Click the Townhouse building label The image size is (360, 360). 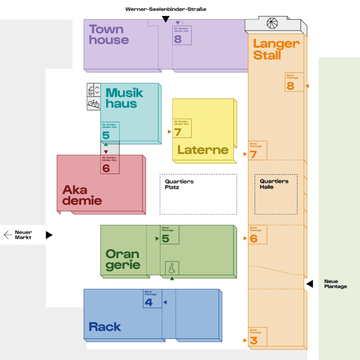[x=109, y=34]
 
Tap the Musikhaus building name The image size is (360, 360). [x=124, y=98]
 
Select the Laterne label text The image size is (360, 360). [x=203, y=150]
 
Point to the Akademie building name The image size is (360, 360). [x=82, y=195]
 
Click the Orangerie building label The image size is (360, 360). [x=123, y=259]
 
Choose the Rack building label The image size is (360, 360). [x=105, y=327]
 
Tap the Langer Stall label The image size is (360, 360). [x=276, y=50]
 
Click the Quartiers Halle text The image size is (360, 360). [x=274, y=184]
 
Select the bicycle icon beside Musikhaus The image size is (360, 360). [x=94, y=103]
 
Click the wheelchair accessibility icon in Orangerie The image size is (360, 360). [x=172, y=269]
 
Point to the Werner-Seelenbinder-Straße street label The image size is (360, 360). [x=166, y=9]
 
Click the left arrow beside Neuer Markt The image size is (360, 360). [x=8, y=234]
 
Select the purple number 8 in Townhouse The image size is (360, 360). [x=178, y=39]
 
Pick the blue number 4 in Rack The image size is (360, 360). [x=149, y=302]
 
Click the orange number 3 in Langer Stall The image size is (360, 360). [x=253, y=340]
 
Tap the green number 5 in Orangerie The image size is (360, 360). [x=166, y=239]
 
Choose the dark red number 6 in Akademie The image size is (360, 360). [x=106, y=168]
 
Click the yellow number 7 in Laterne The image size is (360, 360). [x=178, y=132]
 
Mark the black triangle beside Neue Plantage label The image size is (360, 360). [x=309, y=284]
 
